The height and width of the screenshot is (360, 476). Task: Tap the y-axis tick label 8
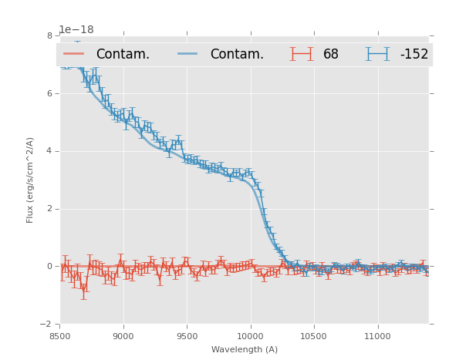49,35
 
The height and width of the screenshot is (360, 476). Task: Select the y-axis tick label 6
49,93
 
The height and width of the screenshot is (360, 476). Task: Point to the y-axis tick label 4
49,151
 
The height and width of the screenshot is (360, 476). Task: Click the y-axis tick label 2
49,209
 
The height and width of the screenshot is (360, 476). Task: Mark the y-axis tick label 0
49,267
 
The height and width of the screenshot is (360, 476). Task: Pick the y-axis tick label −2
47,325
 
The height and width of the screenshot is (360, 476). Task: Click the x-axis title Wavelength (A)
244,349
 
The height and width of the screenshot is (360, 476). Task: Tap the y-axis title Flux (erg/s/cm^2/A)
31,180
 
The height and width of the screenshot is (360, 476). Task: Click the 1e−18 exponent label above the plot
76,29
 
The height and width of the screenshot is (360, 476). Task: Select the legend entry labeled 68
331,54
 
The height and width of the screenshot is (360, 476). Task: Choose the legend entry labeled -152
414,54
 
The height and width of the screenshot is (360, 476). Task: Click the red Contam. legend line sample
75,54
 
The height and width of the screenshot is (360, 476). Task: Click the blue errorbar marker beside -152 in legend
378,54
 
